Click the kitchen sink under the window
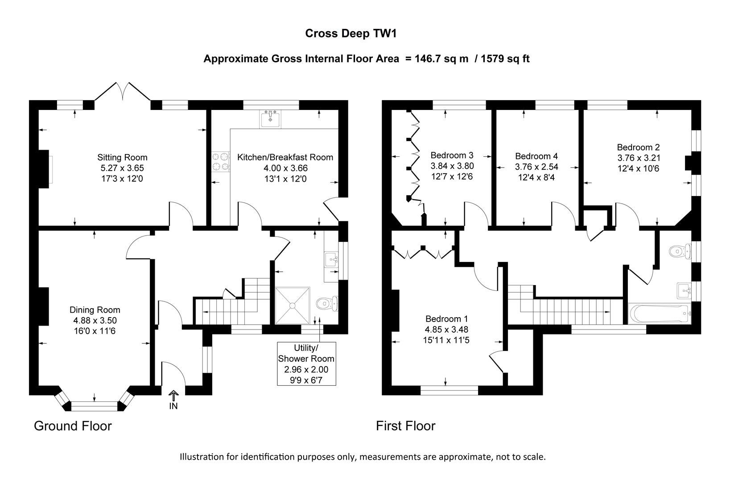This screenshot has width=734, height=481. [x=270, y=119]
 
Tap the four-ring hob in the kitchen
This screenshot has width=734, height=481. [x=220, y=162]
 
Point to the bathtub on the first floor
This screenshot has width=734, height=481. [x=659, y=314]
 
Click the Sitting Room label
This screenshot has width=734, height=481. [x=122, y=157]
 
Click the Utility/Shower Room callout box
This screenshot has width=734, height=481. [x=306, y=364]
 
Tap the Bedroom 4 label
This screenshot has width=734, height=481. [x=536, y=156]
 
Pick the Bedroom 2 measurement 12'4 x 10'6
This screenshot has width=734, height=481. [x=638, y=169]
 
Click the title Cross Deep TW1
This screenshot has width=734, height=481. [x=350, y=33]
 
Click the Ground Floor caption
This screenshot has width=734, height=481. [x=73, y=426]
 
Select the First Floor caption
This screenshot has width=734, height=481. [x=405, y=426]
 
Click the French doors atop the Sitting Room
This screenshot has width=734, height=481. [x=123, y=91]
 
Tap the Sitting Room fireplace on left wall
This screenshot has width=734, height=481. [x=44, y=169]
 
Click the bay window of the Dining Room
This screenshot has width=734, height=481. [x=95, y=405]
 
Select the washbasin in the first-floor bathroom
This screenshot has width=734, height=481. [x=684, y=290]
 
